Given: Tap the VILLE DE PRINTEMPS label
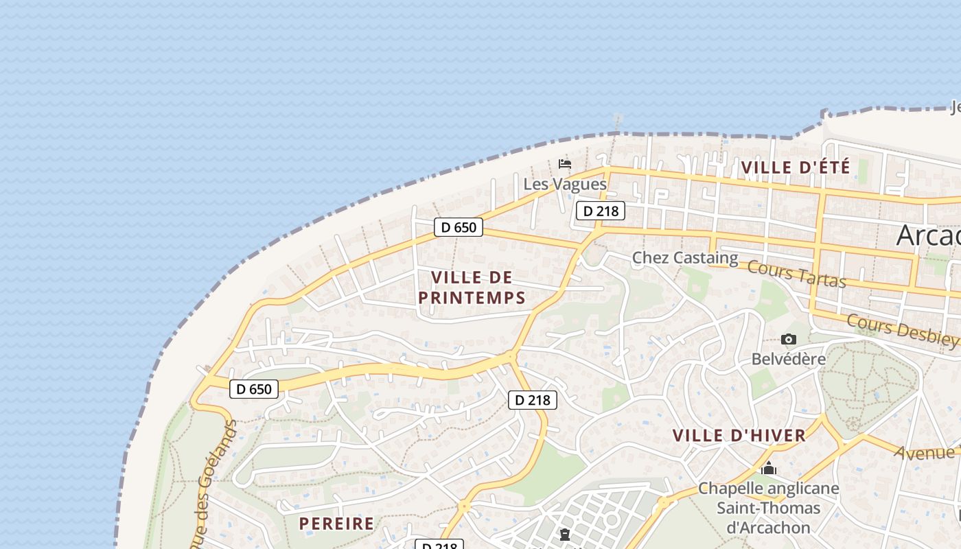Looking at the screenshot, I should coord(472,288).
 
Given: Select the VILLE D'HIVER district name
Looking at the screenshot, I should coord(739,436).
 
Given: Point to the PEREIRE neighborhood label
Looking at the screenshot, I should coord(337,524).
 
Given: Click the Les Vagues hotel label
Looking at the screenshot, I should coord(565,184).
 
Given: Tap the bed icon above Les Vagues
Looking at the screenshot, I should coord(565,164).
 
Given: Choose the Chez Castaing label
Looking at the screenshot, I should coord(684,258).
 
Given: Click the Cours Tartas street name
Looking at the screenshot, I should coord(796,274).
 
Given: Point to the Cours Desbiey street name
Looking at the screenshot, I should coord(902,330).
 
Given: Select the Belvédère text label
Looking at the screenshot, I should coord(788,359).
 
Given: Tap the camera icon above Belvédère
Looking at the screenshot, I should coord(788,339).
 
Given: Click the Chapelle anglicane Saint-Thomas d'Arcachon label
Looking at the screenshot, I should coord(768,508).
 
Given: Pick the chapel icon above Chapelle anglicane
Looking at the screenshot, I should coord(769,469).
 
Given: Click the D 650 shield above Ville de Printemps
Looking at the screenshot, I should coord(459,227).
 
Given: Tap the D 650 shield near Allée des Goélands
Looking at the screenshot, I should coord(254,389).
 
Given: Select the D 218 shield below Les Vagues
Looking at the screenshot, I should coord(600,211).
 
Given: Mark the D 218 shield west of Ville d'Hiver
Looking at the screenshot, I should coord(533,399).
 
